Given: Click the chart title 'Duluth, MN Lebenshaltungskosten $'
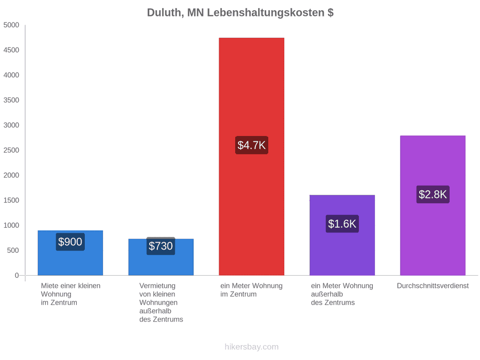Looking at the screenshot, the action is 240,13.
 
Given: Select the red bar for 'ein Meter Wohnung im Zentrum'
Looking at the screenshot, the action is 251,156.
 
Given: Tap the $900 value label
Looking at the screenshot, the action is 70,242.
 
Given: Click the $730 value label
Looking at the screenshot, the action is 161,246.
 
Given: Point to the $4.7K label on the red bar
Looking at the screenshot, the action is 251,145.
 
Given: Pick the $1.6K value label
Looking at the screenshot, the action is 342,224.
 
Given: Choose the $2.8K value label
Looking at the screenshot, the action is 433,194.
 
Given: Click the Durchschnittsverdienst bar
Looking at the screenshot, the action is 433,205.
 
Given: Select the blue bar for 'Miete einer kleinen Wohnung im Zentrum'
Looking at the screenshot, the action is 70,253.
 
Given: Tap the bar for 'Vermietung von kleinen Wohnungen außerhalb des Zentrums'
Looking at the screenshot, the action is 161,257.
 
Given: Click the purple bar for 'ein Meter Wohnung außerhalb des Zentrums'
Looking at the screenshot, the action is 342,235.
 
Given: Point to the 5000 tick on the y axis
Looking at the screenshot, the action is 11,25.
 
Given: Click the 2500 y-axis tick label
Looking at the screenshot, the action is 11,150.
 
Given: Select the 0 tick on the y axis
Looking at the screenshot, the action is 17,276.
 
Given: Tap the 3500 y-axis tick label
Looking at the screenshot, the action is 11,100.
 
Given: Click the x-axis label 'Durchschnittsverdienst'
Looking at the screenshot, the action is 433,286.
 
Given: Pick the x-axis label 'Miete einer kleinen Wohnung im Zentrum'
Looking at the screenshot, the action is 71,294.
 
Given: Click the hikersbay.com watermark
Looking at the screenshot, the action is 251,347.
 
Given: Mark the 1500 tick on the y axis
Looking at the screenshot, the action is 11,200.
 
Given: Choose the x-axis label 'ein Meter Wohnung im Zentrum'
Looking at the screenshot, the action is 251,290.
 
